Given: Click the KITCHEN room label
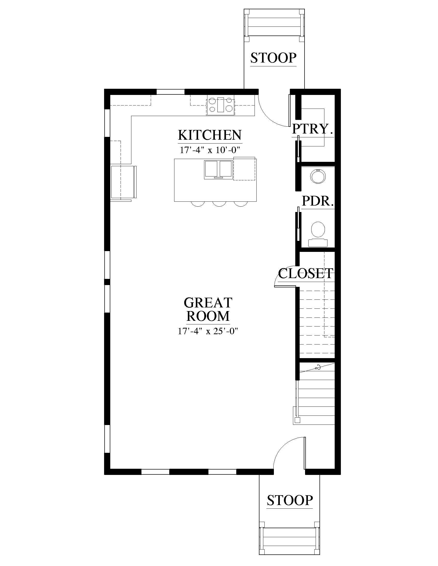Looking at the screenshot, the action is (x=210, y=135).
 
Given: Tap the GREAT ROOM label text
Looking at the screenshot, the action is (x=208, y=309).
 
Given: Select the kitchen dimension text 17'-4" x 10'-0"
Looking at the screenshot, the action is (x=210, y=150).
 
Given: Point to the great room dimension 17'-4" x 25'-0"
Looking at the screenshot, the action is (x=208, y=331).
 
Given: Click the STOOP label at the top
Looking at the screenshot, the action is (x=273, y=58).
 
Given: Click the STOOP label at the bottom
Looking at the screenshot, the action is (x=290, y=500).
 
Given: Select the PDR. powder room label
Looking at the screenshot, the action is (x=318, y=201).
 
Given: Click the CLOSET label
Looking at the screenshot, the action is (x=306, y=273).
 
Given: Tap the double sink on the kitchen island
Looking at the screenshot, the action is (x=218, y=170).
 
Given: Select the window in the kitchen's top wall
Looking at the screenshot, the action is (x=171, y=92).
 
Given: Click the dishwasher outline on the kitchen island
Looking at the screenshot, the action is (x=244, y=169).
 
